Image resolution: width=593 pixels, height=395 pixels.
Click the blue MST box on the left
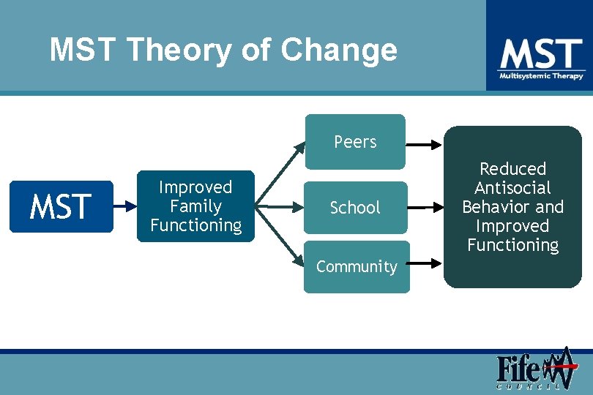[x=61, y=207]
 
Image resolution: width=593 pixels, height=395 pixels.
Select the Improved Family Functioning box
[x=195, y=207]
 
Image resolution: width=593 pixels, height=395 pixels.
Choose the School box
[x=355, y=208]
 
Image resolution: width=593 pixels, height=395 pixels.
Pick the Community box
[x=357, y=267]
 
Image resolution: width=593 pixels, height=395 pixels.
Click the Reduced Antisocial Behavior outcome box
[x=512, y=207]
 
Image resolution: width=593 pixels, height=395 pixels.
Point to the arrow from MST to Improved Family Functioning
[x=124, y=207]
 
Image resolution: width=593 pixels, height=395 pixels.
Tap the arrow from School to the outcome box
[x=426, y=208]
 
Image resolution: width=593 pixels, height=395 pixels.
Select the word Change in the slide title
[x=339, y=50]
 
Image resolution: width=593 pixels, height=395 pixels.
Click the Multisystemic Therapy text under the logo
[x=541, y=76]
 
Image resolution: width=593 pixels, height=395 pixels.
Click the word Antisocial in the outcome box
[x=512, y=188]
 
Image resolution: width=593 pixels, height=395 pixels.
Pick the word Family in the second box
[x=195, y=206]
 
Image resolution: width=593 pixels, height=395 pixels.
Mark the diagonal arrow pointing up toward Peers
[x=282, y=172]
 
